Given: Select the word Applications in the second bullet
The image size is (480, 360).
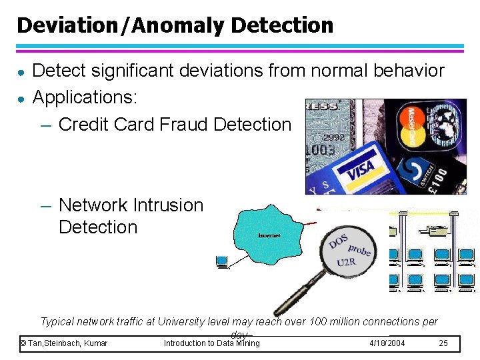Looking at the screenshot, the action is [84, 97].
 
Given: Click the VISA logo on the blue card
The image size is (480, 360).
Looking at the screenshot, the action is [361, 170].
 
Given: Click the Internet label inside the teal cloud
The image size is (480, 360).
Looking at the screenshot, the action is [269, 235].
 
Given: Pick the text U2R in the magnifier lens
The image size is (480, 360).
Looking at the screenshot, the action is [346, 262].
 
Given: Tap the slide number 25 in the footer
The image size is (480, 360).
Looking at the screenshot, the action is [443, 343].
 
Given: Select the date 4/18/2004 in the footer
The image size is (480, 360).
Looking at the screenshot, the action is [387, 343].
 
